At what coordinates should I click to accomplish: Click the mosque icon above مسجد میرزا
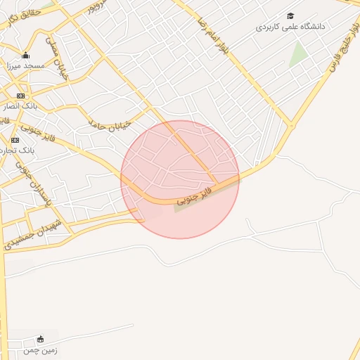[26, 56]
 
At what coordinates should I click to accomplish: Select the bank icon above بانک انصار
[20, 96]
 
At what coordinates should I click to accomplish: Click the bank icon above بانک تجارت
[15, 140]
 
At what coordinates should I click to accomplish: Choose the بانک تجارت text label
[21, 150]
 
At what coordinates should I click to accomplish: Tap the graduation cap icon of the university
[290, 15]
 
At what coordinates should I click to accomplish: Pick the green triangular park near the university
[298, 55]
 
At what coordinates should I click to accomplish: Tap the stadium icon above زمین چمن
[39, 339]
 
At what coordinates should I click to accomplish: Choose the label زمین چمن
[39, 349]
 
